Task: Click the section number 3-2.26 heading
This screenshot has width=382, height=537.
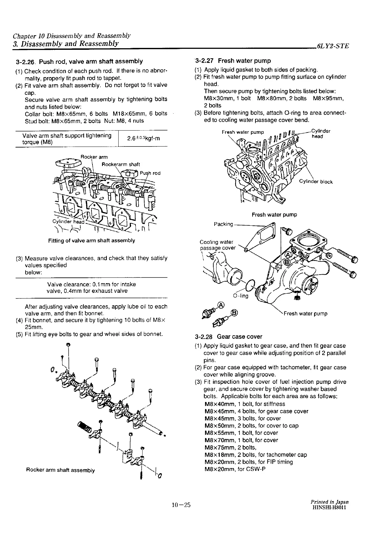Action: click(x=27, y=61)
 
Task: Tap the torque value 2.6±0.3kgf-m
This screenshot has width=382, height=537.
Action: click(x=143, y=138)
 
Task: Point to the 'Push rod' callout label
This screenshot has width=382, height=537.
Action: click(x=150, y=173)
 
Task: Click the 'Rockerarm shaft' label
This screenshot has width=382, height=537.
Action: click(x=121, y=164)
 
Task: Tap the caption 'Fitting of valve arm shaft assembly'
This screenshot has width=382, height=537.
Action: click(x=92, y=240)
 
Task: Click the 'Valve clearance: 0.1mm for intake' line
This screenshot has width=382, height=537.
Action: click(x=91, y=284)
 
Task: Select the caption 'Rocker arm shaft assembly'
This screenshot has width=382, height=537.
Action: click(x=61, y=470)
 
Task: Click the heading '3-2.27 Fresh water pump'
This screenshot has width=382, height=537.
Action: click(x=233, y=61)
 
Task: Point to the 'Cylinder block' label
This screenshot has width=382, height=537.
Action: click(x=316, y=182)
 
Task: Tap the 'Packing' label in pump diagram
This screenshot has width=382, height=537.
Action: click(x=224, y=224)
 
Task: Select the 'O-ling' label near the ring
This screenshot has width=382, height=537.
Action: click(x=240, y=296)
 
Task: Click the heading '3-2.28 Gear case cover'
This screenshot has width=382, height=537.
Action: click(x=228, y=337)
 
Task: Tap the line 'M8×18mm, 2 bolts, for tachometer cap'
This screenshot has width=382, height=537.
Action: click(x=255, y=455)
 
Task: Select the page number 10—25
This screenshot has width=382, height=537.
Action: click(x=181, y=505)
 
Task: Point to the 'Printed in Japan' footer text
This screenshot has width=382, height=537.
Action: click(x=329, y=502)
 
